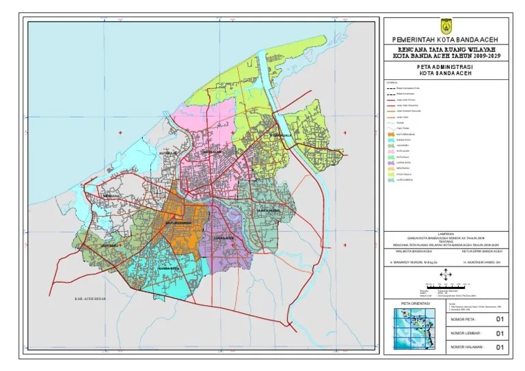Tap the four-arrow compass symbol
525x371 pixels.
point(445,275)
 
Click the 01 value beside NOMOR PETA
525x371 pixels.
point(499,319)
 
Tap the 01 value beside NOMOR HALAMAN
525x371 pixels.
point(499,348)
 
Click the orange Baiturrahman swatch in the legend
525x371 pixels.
point(390,136)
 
